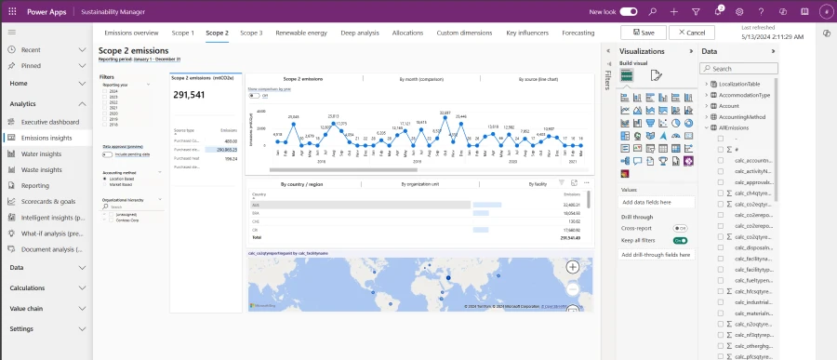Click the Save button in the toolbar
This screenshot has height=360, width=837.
point(643,33)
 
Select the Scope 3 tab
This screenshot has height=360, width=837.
point(251,33)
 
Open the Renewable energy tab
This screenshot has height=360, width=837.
point(301,33)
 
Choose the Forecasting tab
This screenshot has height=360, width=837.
point(578,33)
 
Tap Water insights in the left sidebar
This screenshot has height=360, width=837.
point(42,153)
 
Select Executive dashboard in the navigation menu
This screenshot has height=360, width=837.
point(50,122)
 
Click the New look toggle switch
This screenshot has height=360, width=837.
point(629,11)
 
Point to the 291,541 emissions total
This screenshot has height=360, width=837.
point(189,95)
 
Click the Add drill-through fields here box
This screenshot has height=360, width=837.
point(654,254)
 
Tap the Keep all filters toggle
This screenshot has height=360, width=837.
point(680,240)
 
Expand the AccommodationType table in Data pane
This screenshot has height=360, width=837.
point(711,95)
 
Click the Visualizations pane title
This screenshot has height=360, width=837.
point(642,51)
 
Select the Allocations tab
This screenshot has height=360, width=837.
point(407,33)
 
